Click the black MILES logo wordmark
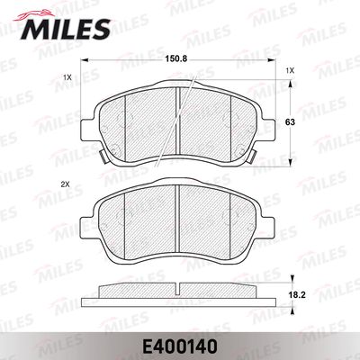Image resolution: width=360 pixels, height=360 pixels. (65, 29)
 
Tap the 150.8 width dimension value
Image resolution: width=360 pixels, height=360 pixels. (176, 59)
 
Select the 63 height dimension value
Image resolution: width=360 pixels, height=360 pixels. (290, 122)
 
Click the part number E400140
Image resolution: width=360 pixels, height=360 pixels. (179, 347)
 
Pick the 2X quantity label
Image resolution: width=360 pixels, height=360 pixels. (65, 185)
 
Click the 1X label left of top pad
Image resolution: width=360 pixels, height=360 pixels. (67, 77)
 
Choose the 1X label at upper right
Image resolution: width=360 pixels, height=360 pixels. (290, 71)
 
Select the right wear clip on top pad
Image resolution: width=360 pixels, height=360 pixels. (252, 156)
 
